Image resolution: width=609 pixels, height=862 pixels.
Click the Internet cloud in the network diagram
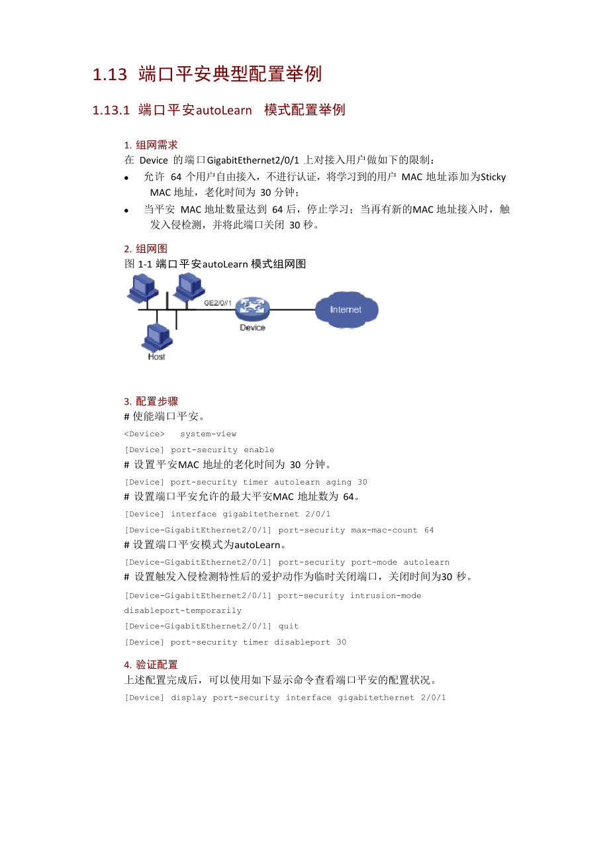click(x=346, y=310)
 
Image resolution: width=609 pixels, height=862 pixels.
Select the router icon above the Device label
click(x=252, y=308)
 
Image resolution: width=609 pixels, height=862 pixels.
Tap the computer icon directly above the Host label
click(x=157, y=336)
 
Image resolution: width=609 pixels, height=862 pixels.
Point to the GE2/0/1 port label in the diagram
click(x=218, y=302)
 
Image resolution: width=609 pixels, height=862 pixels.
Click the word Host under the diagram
click(x=157, y=357)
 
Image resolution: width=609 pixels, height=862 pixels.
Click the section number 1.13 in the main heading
click(x=109, y=74)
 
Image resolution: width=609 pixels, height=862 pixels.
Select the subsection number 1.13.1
click(x=111, y=110)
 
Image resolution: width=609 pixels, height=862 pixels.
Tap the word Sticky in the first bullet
click(x=493, y=177)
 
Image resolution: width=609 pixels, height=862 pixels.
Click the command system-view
click(x=208, y=434)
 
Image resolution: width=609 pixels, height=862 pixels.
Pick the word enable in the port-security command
click(x=259, y=450)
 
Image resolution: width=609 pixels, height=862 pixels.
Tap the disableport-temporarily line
click(x=183, y=610)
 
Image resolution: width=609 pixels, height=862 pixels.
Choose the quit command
click(x=289, y=626)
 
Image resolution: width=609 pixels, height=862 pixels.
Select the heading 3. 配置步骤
click(x=151, y=401)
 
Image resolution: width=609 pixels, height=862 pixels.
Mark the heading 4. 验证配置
click(x=151, y=665)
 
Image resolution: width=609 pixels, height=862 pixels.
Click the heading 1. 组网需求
click(x=151, y=145)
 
